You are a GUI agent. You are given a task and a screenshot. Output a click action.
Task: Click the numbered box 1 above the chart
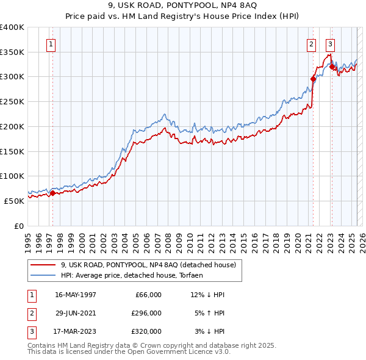(51, 44)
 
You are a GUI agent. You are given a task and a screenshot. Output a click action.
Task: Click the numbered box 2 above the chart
(311, 44)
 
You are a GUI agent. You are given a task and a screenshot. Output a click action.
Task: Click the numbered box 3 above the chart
(330, 44)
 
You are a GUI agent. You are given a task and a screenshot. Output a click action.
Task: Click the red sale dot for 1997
(52, 193)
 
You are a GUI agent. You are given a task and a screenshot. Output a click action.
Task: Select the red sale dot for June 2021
(313, 79)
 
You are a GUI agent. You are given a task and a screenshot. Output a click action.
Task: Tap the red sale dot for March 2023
(332, 67)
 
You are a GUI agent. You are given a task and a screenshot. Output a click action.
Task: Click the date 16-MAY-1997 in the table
(76, 295)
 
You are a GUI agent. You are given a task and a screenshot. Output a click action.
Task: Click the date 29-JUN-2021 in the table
(76, 313)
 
